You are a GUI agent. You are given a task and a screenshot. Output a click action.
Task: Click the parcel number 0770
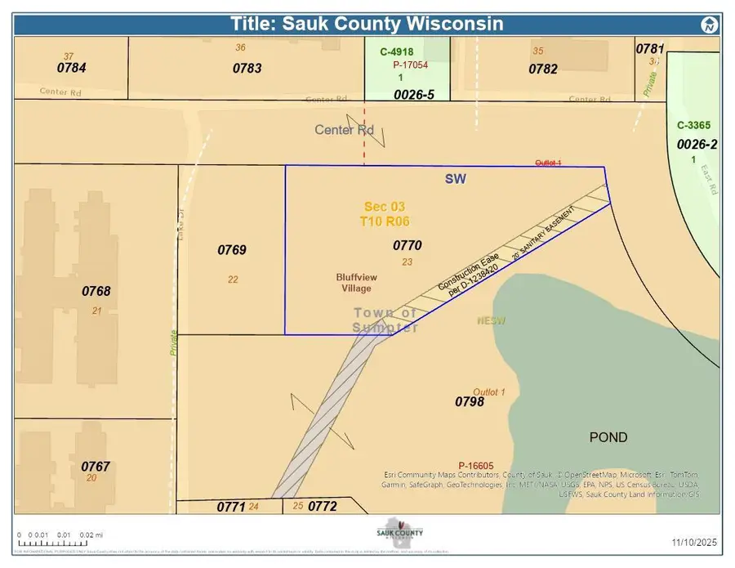point(407,244)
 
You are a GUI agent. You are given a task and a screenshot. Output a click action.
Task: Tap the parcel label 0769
point(232,250)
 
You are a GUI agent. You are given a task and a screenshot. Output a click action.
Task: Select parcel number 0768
point(96,291)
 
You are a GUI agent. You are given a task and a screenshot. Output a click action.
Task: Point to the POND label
point(608,437)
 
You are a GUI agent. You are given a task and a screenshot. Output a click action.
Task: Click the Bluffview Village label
point(354,283)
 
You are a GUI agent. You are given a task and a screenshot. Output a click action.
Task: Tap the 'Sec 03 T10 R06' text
point(385,214)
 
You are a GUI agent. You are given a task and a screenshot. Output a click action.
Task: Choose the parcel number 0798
point(470,401)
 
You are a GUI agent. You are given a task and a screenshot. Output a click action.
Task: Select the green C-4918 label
point(398,51)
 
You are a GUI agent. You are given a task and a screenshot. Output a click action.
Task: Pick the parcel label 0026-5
point(414,95)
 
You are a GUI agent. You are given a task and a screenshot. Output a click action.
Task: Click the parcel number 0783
point(247,69)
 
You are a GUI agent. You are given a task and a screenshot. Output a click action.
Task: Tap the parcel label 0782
point(543,69)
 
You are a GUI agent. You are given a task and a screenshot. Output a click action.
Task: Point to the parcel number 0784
point(72,68)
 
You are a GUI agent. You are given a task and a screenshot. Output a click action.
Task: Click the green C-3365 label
point(694,126)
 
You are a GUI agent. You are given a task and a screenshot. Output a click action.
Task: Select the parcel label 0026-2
point(697,145)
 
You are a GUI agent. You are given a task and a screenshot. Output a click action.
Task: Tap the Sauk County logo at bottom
point(399,531)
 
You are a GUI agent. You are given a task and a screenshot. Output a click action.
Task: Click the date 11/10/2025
point(694,542)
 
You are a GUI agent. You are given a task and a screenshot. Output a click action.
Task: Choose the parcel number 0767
point(96,467)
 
